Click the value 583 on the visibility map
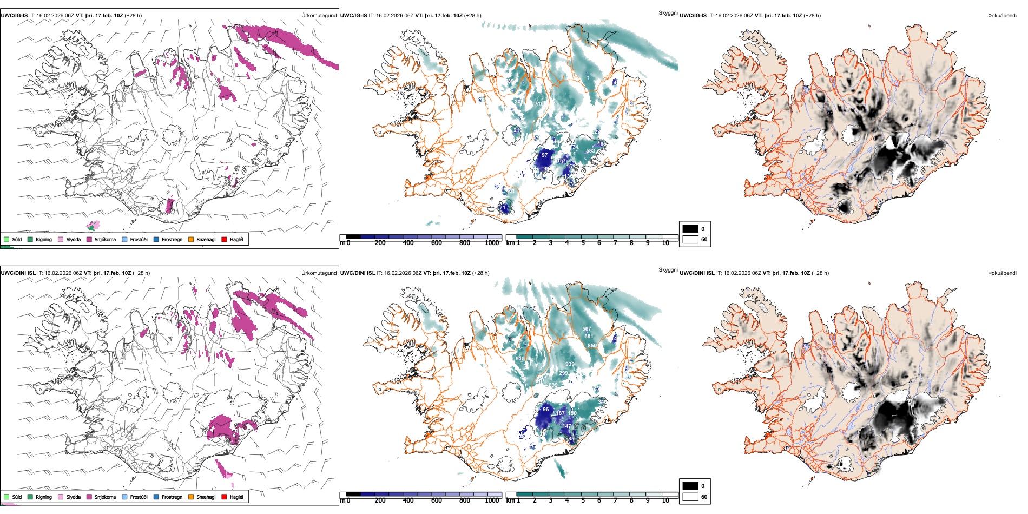pos(590,151)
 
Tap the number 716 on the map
pos(539,103)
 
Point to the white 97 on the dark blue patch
pos(545,155)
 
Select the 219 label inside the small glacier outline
pos(517,130)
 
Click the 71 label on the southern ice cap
pos(503,207)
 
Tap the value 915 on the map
pos(520,359)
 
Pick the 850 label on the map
pos(592,345)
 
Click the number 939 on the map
pos(570,364)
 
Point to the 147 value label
pos(566,426)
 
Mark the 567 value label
pos(587,329)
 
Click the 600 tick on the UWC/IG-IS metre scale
pos(437,243)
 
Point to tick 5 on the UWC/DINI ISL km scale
pos(583,500)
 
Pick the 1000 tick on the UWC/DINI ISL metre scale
pos(492,500)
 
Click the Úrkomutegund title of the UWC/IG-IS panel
pos(319,16)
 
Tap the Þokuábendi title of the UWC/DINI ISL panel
pos(1002,273)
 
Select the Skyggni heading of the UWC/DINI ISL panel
pos(668,269)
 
